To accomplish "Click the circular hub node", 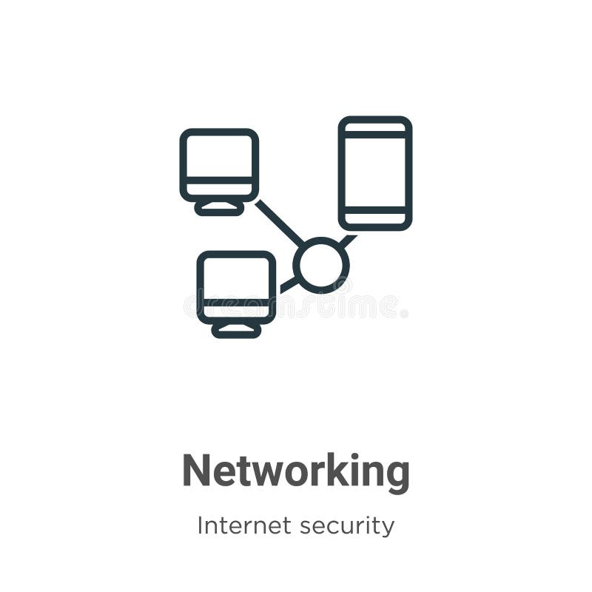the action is tap(321, 265).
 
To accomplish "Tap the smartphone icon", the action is tap(375, 173).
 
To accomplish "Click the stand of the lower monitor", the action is tap(237, 330).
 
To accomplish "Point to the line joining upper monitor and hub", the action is tap(279, 223).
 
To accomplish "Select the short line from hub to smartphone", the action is tap(348, 241).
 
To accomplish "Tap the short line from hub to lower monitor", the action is tap(288, 285).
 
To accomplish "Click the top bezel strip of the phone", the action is tap(375, 127).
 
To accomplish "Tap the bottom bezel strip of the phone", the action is tap(375, 219).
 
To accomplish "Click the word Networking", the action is tap(296, 471).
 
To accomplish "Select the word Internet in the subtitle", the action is tap(243, 526).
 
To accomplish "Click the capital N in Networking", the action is tap(195, 471).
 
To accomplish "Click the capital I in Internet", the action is tap(200, 526).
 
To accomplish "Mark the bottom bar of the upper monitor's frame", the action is tap(219, 190).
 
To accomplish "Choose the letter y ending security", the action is tap(388, 529).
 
